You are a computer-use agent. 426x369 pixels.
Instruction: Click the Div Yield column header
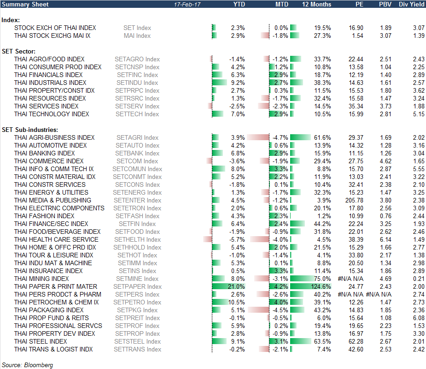coord(411,4)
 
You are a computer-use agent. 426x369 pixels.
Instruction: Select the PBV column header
coord(385,4)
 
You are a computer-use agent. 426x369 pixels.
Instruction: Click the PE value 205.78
coord(354,200)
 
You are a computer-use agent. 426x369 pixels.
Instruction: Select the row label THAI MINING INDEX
coord(41,279)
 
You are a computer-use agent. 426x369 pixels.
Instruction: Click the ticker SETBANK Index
coord(137,153)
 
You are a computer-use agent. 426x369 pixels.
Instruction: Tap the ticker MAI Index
coord(137,36)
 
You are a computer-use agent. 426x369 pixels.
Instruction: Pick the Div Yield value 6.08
coord(418,318)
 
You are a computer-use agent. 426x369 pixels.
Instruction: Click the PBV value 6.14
coord(385,239)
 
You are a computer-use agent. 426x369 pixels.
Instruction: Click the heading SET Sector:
coord(19,51)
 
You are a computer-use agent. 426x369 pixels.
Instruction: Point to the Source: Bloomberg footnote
coord(27,365)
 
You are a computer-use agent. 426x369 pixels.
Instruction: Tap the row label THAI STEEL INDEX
coord(41,341)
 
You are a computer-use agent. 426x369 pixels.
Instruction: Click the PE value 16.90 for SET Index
coord(356,28)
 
